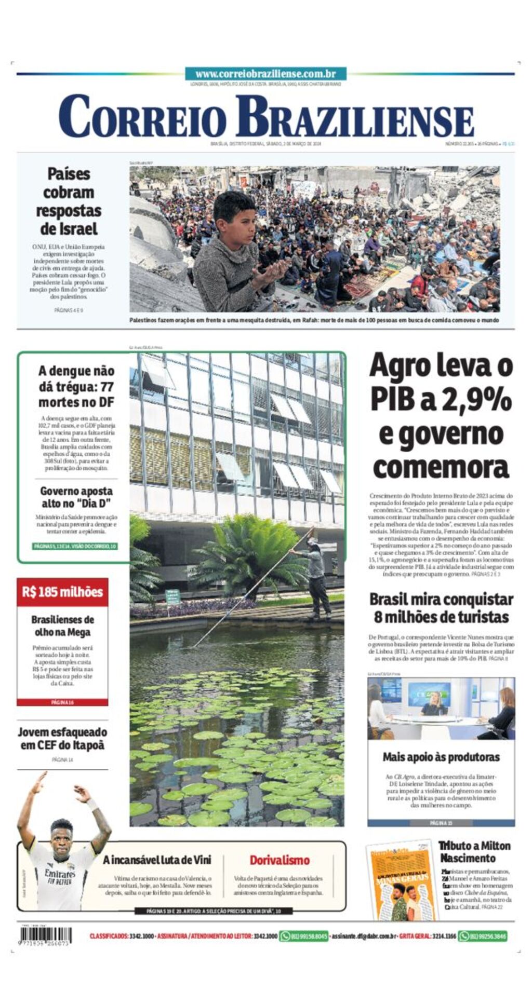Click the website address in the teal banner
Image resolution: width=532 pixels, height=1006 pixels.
[265, 74]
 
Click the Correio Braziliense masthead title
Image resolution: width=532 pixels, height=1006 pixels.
[265, 117]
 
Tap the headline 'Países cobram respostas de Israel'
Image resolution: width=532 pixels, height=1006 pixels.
[68, 201]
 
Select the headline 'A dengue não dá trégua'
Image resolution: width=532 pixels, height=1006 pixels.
[76, 386]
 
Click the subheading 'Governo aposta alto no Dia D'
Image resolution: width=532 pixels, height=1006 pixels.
[76, 497]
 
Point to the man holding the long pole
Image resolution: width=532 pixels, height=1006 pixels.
[317, 576]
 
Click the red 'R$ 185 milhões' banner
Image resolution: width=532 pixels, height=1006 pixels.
[62, 592]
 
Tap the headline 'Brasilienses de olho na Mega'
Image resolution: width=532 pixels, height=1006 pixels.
[62, 626]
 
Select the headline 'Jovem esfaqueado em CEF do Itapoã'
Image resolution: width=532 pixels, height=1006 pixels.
[62, 739]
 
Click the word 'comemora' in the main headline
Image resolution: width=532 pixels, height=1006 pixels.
[441, 467]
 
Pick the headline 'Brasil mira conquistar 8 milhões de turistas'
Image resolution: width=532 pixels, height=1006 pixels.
[441, 608]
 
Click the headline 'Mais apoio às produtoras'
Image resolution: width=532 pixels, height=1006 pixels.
[441, 757]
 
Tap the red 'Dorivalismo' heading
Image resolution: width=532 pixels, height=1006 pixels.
[280, 860]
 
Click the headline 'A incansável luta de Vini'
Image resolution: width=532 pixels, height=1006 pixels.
[157, 860]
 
